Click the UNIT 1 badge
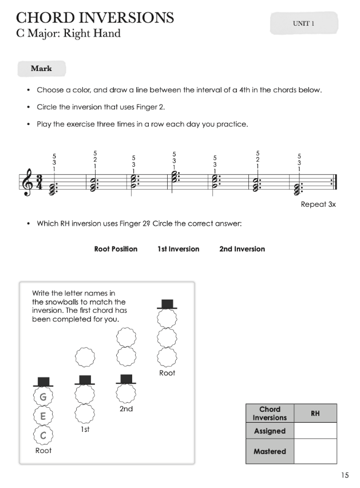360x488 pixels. point(303,23)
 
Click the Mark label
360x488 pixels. point(41,69)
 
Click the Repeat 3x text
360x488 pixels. point(318,204)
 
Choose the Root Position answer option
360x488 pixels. point(116,249)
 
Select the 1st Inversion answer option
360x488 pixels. point(179,249)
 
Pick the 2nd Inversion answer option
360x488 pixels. point(242,249)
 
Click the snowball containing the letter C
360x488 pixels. point(43,435)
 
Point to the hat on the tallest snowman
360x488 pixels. point(167,304)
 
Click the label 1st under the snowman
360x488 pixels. point(85,429)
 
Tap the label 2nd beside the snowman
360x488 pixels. point(126,409)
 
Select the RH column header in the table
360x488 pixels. point(315,413)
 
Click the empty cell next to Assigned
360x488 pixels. point(315,431)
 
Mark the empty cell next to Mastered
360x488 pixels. point(315,451)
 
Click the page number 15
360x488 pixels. point(344,475)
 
